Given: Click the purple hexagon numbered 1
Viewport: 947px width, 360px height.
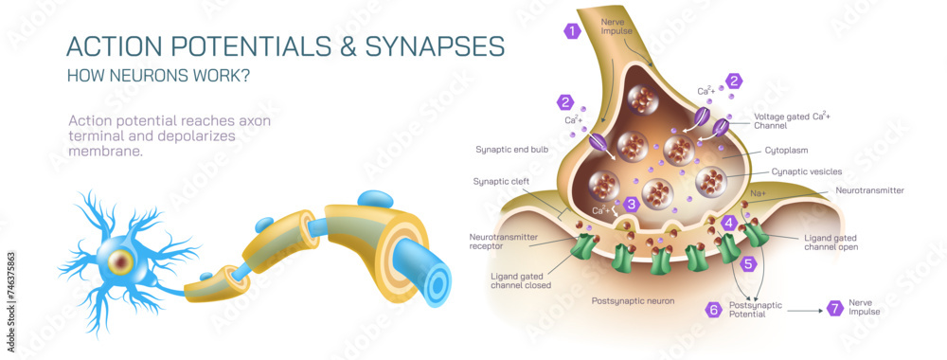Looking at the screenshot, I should (572, 31).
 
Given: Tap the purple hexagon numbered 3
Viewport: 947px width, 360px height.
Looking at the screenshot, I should (633, 204).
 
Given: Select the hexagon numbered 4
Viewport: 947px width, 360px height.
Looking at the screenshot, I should (729, 224).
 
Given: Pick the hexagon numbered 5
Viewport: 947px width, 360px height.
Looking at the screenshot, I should (748, 264).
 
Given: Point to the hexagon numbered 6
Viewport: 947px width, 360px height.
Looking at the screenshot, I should (714, 309).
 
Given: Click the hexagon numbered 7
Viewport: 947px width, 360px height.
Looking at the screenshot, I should (834, 309).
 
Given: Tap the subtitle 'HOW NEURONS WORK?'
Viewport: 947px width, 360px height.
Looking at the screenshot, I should (158, 76).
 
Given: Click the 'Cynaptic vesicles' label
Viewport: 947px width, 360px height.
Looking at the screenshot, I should (807, 171).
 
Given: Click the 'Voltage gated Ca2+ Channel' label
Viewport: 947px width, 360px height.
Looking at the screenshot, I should (792, 121).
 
